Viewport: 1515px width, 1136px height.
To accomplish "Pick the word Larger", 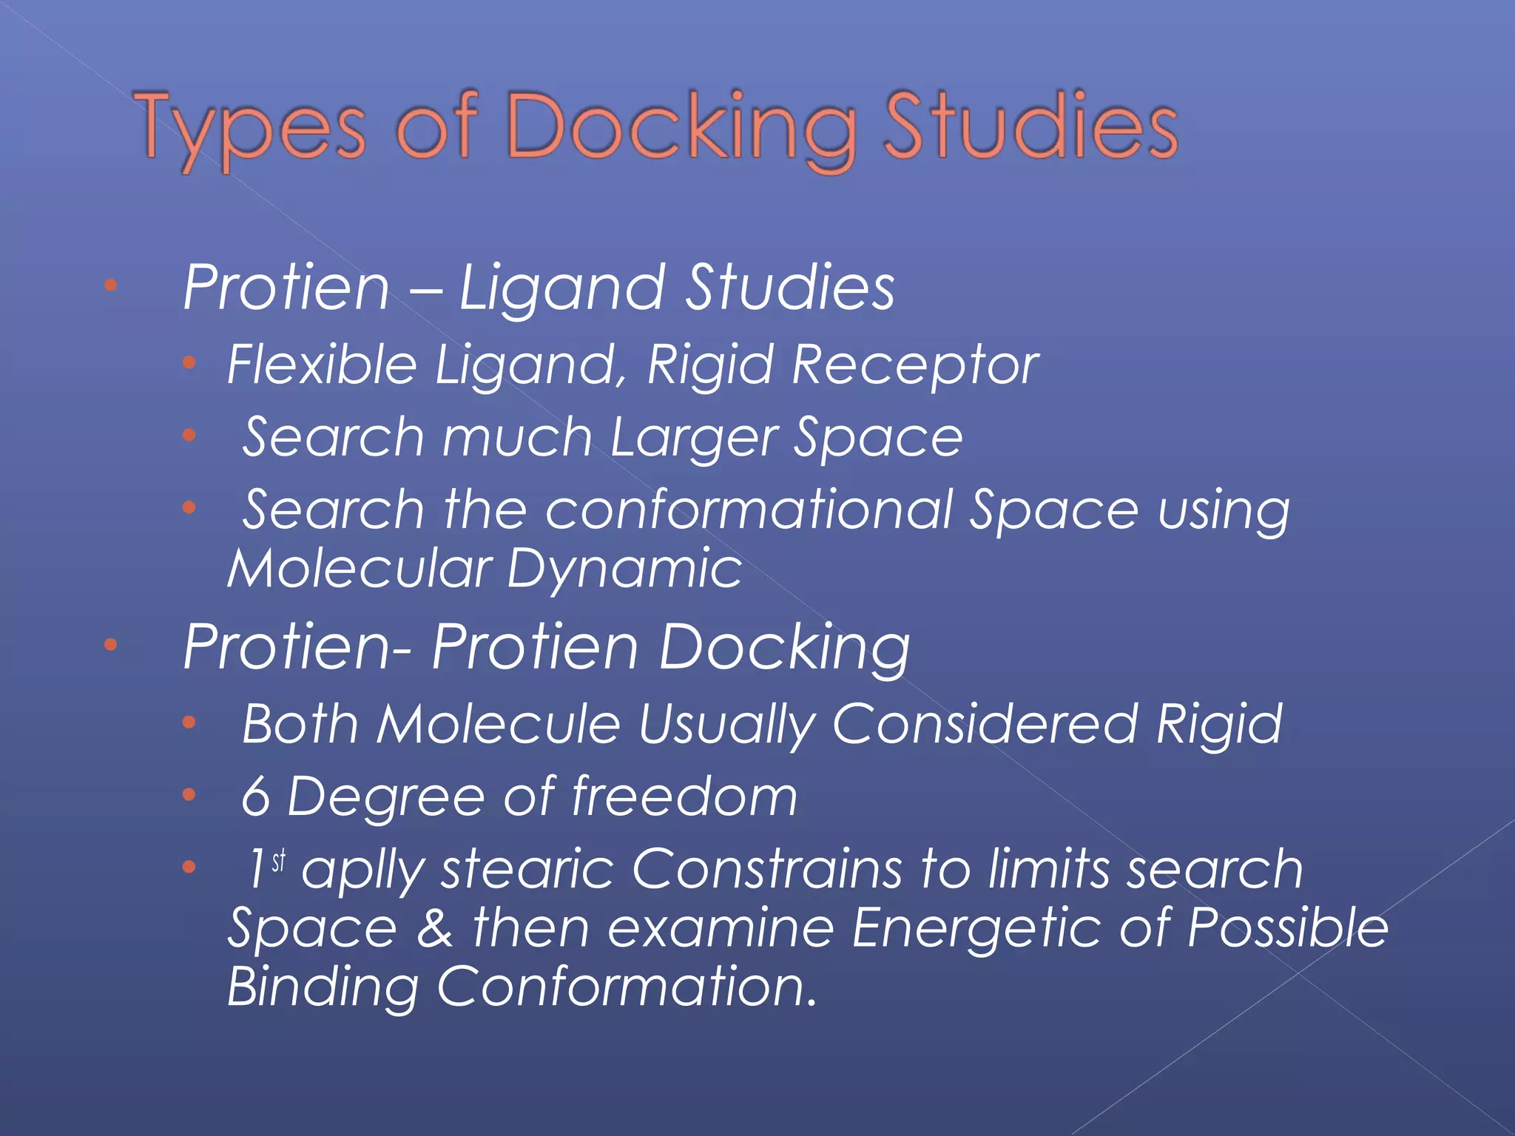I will tap(693, 438).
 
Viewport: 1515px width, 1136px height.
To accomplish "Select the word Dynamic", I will tap(624, 569).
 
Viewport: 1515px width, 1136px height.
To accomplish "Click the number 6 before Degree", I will tap(256, 797).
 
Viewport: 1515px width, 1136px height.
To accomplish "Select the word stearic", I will tap(527, 868).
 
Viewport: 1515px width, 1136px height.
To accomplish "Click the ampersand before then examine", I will tap(435, 928).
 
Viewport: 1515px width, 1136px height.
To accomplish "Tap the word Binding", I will tap(323, 987).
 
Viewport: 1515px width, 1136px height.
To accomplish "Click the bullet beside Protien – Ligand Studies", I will tap(111, 285).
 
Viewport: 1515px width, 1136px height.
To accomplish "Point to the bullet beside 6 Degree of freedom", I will tap(189, 795).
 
